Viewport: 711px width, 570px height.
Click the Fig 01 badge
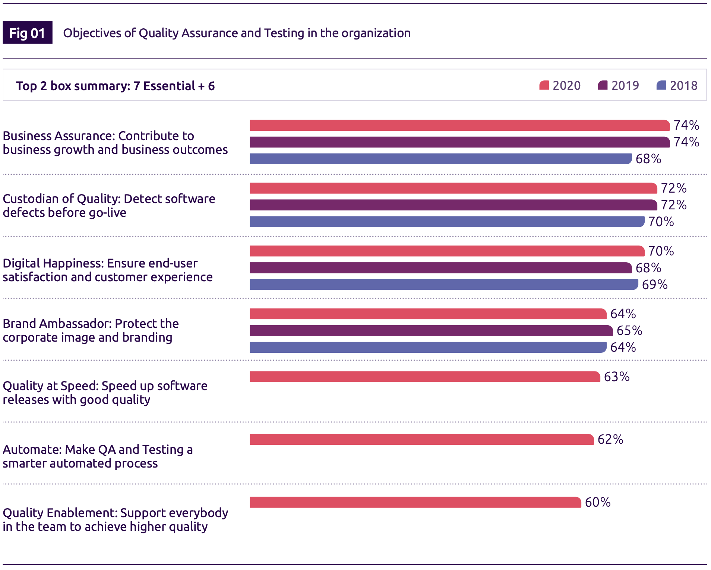click(27, 33)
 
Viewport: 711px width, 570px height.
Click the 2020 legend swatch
click(544, 85)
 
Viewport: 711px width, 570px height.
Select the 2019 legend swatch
click(603, 85)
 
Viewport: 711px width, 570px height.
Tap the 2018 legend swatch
click(661, 85)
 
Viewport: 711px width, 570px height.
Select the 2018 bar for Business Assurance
click(440, 159)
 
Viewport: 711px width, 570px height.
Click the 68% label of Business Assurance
click(648, 159)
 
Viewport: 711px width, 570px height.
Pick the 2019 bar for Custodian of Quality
click(453, 205)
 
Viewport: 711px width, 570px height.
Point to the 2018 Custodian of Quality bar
click(447, 222)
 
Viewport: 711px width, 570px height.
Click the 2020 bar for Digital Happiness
click(447, 251)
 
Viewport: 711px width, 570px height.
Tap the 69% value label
click(655, 285)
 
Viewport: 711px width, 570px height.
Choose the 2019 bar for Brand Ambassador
click(431, 330)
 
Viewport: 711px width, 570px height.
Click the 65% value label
click(629, 330)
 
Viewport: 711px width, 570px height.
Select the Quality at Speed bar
click(425, 377)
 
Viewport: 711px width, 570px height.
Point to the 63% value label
click(617, 377)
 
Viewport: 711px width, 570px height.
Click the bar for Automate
click(421, 439)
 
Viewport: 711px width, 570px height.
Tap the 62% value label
click(610, 439)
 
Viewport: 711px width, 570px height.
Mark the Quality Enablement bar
click(415, 502)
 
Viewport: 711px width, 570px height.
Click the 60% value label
click(598, 502)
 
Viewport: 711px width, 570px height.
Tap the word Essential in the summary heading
click(169, 86)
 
